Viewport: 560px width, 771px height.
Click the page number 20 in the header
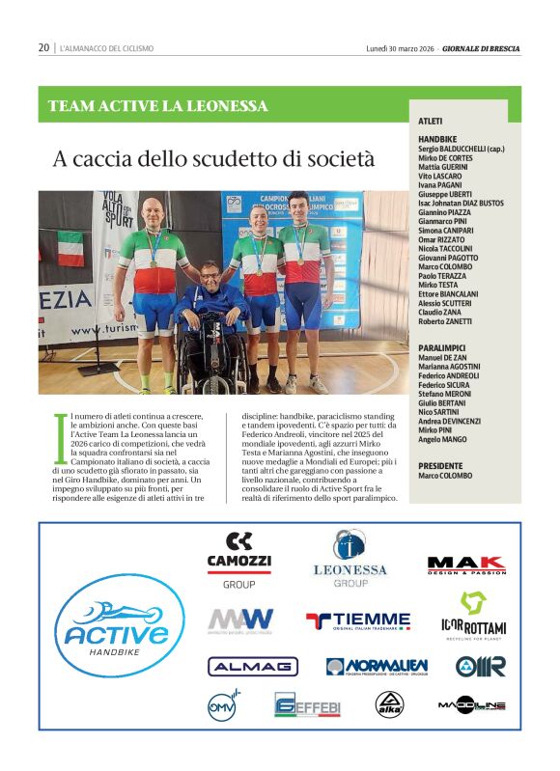(43, 47)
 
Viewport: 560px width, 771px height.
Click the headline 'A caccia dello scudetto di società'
(212, 156)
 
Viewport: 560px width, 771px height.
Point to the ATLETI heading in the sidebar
(431, 121)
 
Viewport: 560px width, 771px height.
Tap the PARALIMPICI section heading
(443, 347)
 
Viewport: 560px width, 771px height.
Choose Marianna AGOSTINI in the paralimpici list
(449, 367)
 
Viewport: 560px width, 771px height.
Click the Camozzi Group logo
(239, 560)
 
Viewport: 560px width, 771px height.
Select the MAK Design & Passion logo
(466, 566)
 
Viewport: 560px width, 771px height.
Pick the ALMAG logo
(253, 666)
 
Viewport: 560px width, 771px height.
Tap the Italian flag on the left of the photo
(70, 248)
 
